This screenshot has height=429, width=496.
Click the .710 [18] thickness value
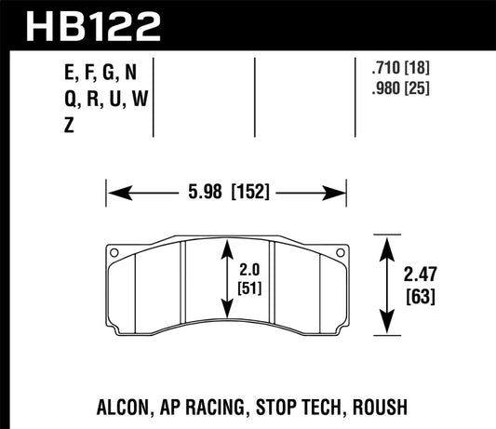[x=398, y=67]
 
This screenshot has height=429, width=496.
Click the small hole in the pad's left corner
[x=114, y=252]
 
